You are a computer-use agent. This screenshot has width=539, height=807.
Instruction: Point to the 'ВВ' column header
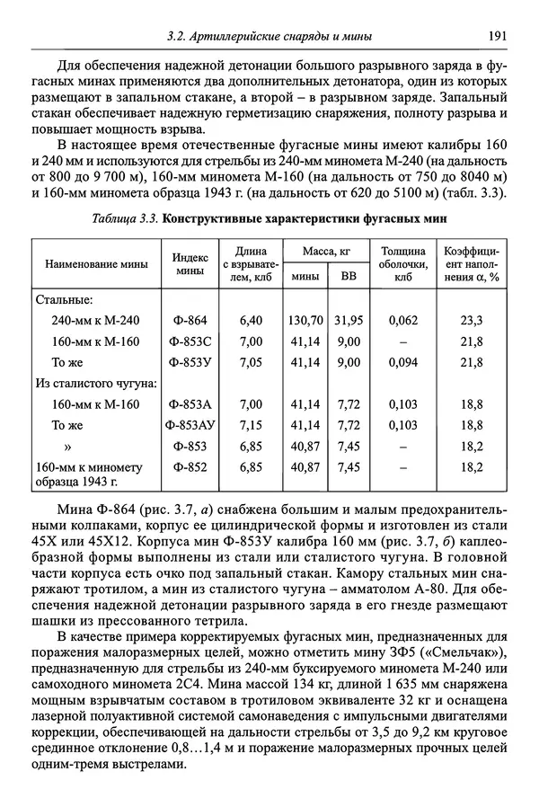(348, 278)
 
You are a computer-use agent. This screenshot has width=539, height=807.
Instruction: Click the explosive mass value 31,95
(348, 320)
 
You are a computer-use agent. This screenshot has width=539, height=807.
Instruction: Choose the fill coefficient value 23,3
(472, 320)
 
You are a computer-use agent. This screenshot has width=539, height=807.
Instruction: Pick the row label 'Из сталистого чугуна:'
(96, 383)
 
